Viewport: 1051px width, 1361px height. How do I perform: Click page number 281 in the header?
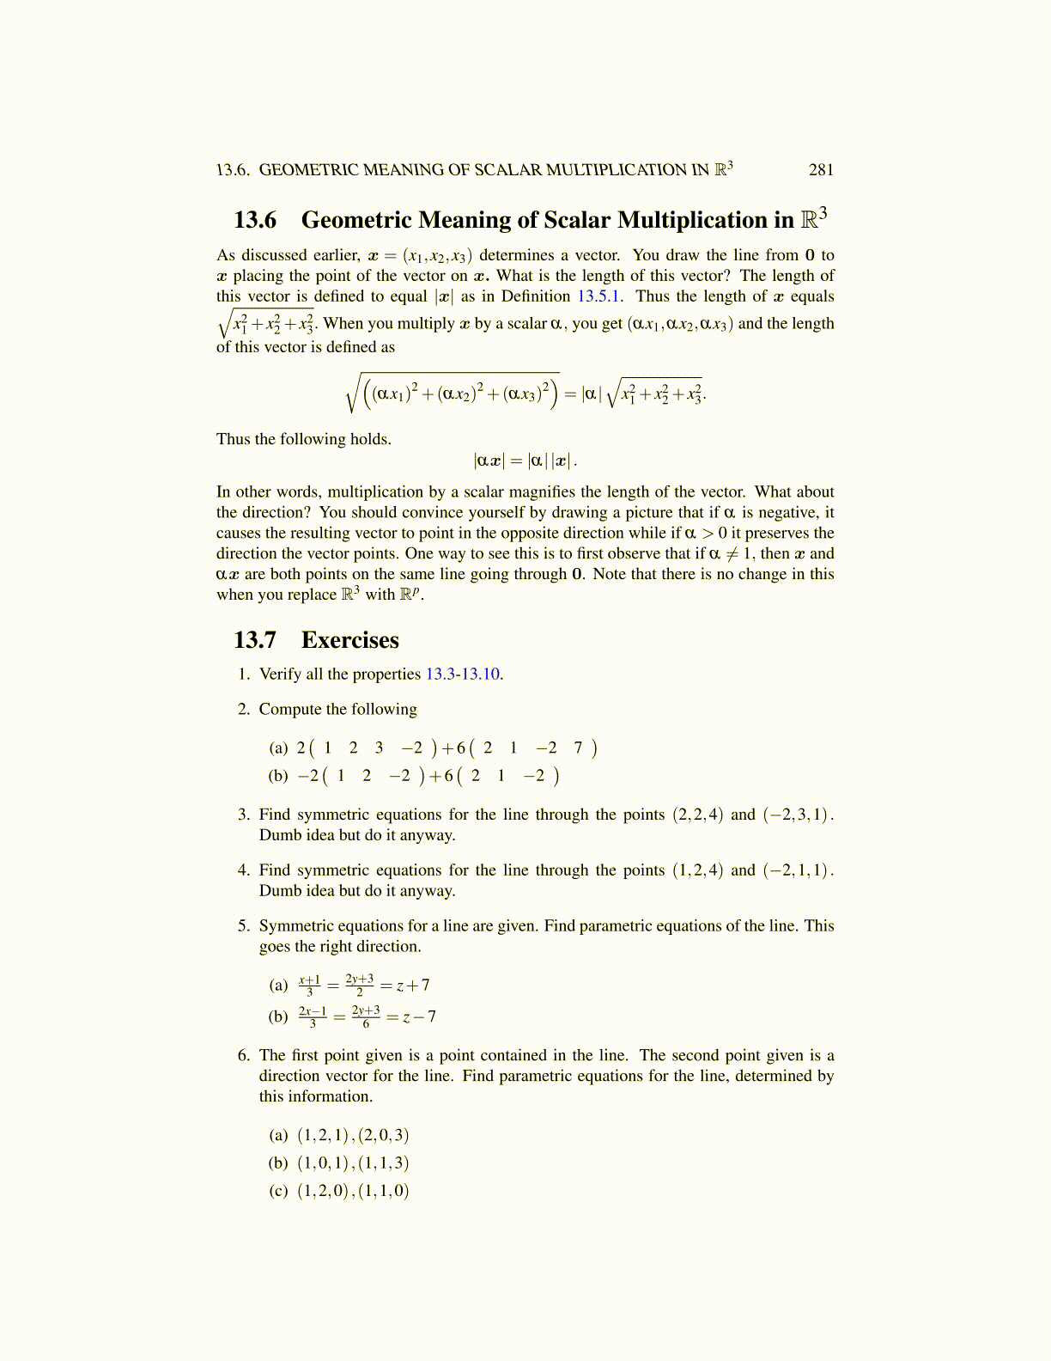(x=821, y=170)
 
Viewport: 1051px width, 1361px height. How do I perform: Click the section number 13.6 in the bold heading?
(x=255, y=221)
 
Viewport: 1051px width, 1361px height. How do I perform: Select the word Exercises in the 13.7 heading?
(x=349, y=640)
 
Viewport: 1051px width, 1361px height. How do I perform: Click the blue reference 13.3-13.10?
(x=463, y=674)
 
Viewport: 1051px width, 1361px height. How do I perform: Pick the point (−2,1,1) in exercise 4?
(x=798, y=870)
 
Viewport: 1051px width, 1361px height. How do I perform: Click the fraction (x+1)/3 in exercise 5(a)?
(x=309, y=986)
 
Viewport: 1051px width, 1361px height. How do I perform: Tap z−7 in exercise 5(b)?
(x=419, y=1017)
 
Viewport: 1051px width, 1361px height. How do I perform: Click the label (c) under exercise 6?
(x=278, y=1191)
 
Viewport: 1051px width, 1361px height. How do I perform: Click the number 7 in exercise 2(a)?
(x=578, y=748)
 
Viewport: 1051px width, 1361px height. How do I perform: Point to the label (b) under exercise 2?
(x=278, y=776)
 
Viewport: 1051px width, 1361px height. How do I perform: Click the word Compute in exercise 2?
(x=289, y=710)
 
